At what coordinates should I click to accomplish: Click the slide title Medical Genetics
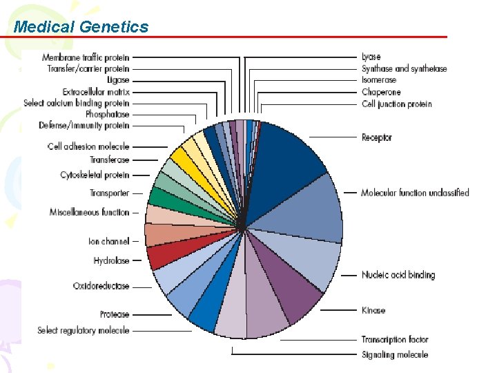[x=81, y=27]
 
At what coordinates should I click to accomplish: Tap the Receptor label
[x=376, y=137]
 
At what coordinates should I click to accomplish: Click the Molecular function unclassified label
[x=415, y=193]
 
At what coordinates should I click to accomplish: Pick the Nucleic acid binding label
[x=398, y=275]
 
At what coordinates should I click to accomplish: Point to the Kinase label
[x=373, y=311]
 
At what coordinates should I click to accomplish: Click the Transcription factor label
[x=395, y=339]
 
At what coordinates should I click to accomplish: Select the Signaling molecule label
[x=395, y=354]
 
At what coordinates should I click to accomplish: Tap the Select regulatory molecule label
[x=84, y=331]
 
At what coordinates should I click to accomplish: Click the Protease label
[x=115, y=315]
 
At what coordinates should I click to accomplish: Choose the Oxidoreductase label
[x=101, y=286]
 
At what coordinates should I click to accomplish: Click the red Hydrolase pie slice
[x=160, y=257]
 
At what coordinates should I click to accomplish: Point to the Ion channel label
[x=109, y=241]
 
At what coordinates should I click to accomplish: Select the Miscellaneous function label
[x=90, y=212]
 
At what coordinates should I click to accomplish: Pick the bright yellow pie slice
[x=184, y=157]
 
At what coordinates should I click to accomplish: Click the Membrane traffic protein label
[x=86, y=57]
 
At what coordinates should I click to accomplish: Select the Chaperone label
[x=381, y=92]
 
